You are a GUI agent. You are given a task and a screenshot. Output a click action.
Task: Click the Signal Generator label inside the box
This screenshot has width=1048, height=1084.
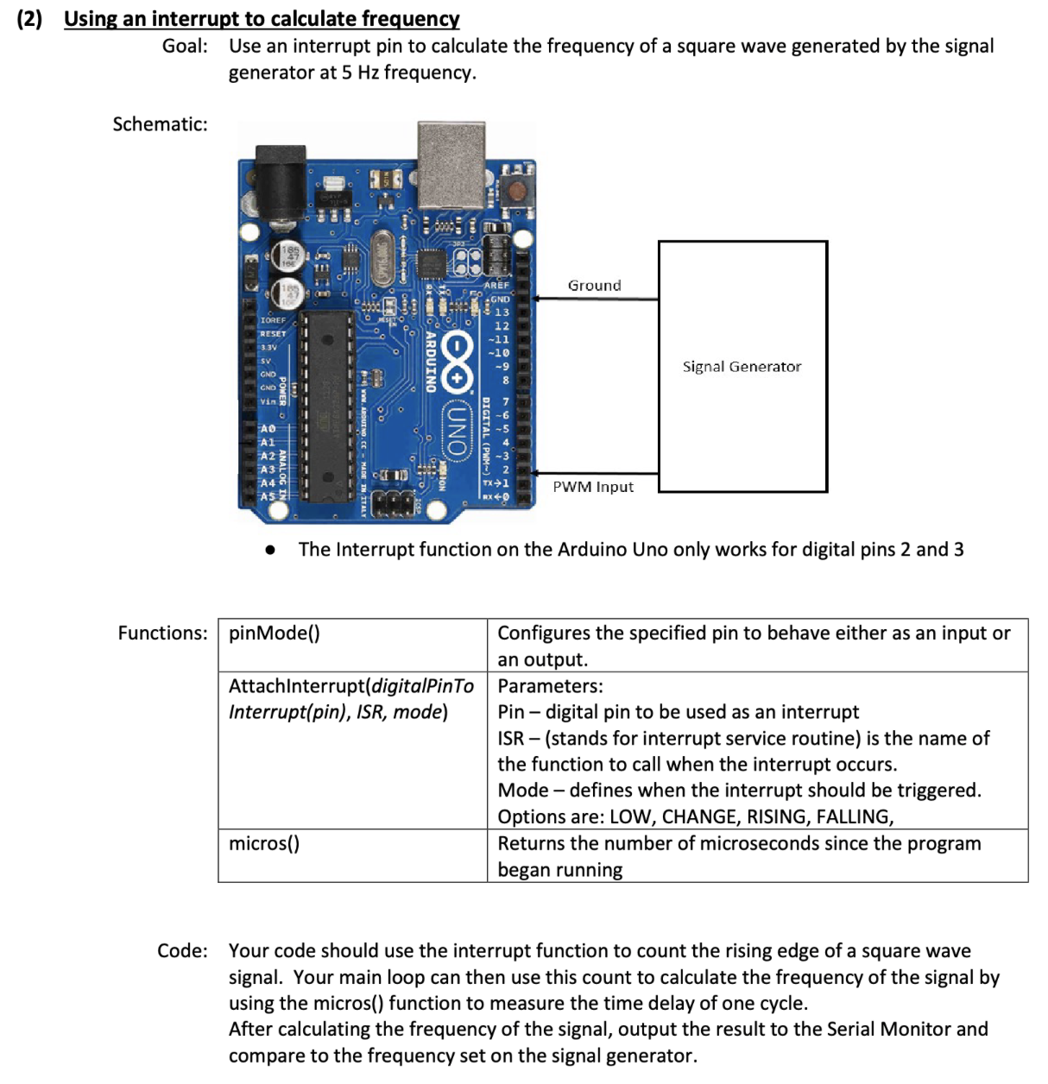(742, 367)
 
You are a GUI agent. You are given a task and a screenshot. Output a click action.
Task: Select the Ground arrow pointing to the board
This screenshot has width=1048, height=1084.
(595, 299)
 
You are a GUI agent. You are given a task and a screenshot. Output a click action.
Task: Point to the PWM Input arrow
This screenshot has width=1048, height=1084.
(594, 473)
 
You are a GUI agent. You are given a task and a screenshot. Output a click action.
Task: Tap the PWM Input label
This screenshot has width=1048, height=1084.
(593, 487)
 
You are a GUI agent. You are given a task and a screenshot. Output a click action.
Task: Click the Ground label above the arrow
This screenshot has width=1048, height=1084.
(594, 285)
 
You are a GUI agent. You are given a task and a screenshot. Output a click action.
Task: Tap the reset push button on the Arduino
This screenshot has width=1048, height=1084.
(518, 191)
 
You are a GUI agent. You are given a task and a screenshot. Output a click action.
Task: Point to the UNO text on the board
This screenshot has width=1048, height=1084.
(455, 429)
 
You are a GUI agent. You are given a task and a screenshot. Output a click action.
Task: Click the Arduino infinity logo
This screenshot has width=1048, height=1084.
(457, 363)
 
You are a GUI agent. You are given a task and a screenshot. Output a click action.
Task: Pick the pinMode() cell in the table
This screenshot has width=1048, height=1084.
(353, 645)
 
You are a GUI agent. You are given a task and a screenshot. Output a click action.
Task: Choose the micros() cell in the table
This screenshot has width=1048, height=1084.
(353, 855)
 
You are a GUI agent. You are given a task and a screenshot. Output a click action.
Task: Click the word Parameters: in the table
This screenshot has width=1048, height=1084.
(550, 686)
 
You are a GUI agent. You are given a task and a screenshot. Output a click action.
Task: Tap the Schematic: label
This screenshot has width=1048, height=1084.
(160, 123)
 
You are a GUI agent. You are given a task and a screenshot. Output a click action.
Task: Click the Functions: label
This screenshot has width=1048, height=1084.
(162, 633)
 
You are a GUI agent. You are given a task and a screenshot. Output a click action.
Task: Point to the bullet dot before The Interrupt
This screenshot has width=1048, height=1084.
(270, 551)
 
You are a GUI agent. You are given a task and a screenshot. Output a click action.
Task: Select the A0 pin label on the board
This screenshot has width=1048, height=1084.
(268, 428)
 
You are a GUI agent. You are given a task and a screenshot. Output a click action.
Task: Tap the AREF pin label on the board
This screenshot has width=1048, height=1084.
(496, 285)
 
